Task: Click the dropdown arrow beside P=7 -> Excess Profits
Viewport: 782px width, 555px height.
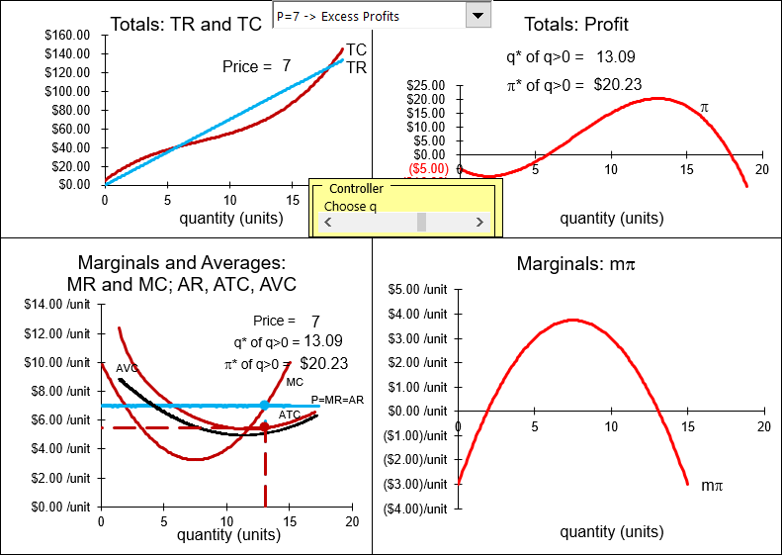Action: point(479,15)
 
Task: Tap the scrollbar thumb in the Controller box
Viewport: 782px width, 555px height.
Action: point(422,223)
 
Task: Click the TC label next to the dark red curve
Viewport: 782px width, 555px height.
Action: point(356,49)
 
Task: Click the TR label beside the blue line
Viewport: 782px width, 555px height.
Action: point(356,67)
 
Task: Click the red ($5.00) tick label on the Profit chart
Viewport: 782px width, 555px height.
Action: point(427,168)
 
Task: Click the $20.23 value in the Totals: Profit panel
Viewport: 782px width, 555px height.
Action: point(618,85)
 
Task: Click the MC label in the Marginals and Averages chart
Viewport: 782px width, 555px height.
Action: point(295,382)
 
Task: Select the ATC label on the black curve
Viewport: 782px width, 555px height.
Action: point(290,415)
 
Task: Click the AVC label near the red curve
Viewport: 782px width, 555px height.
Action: point(127,368)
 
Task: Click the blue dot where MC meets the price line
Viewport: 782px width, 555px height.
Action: point(264,406)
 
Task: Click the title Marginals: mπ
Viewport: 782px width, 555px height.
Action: point(575,264)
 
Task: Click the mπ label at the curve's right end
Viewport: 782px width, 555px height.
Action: point(712,486)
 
